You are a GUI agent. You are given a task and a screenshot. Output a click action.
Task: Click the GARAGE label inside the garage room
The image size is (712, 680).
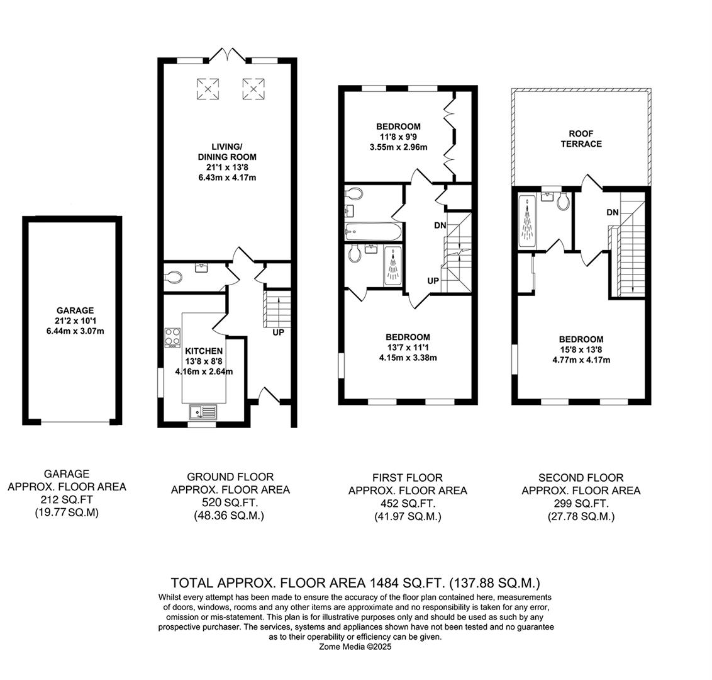(x=75, y=310)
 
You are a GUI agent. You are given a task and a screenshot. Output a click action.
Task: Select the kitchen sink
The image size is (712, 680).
(x=203, y=412)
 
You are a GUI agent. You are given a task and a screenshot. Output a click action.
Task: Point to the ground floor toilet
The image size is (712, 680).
(x=172, y=276)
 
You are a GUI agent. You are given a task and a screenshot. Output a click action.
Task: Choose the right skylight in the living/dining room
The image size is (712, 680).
(x=252, y=88)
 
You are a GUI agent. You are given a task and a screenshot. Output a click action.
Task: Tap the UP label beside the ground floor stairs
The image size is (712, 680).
(x=277, y=332)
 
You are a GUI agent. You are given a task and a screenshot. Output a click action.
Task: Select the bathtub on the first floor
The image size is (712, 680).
(x=372, y=232)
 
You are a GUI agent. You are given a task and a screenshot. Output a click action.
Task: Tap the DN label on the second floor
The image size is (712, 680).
(x=612, y=212)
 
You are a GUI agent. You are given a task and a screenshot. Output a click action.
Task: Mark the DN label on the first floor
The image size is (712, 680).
(x=440, y=225)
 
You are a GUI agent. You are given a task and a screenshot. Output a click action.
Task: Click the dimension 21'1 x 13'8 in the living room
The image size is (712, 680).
(x=225, y=167)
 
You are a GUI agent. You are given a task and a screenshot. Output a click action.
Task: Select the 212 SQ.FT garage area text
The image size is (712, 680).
(x=66, y=501)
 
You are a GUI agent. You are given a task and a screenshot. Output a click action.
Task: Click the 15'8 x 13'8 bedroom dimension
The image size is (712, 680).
(x=578, y=350)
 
